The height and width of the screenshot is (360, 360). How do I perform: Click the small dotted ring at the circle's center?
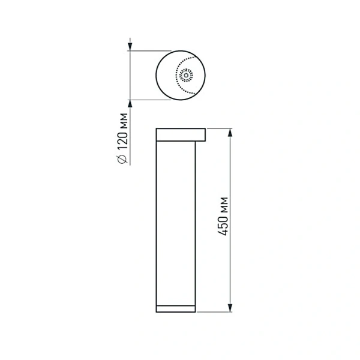click(x=185, y=75)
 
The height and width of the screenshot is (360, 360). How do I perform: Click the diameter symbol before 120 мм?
click(x=122, y=158)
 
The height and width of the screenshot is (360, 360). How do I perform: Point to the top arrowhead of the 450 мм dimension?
click(x=230, y=133)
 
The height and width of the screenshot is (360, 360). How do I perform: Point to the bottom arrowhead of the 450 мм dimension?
click(x=230, y=307)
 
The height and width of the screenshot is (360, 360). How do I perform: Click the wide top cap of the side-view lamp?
click(x=180, y=133)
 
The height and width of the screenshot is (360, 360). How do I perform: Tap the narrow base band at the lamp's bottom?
click(x=175, y=308)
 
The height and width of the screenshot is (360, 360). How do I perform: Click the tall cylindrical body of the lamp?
click(x=175, y=222)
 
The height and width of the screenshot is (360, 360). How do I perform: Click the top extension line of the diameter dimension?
click(x=150, y=51)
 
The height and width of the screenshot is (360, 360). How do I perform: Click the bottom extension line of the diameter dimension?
click(x=150, y=99)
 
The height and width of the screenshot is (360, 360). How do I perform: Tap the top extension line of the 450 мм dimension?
click(x=219, y=128)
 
